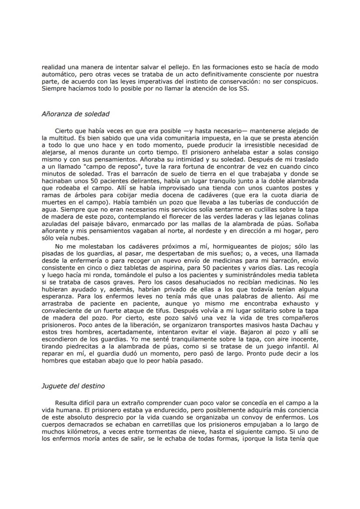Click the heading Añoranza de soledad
(x=75, y=114)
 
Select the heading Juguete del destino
(x=73, y=386)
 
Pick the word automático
(x=59, y=76)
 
